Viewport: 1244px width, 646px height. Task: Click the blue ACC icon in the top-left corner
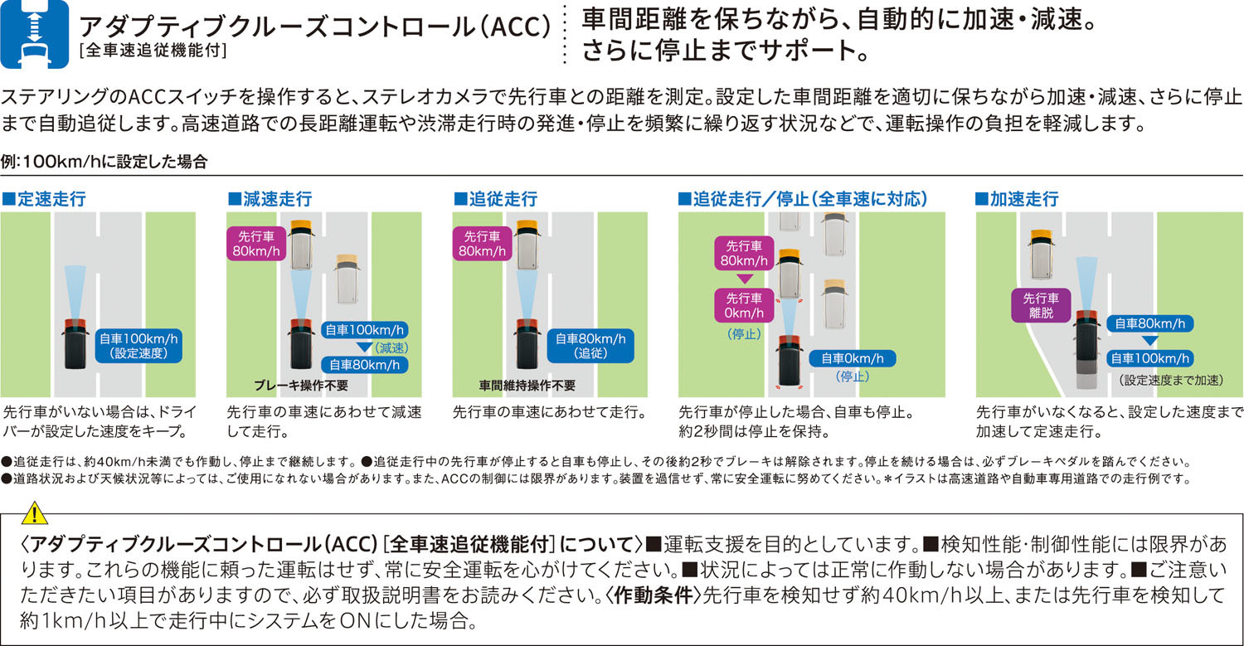pyautogui.click(x=35, y=34)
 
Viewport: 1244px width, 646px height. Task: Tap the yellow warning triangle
pyautogui.click(x=35, y=513)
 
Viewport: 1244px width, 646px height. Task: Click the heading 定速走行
pyautogui.click(x=45, y=199)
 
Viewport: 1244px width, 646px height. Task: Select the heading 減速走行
pyautogui.click(x=270, y=199)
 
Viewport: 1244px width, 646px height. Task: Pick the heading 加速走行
pyautogui.click(x=1018, y=199)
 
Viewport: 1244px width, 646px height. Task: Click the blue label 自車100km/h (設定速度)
pyautogui.click(x=138, y=346)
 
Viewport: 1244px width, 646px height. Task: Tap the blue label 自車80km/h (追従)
pyautogui.click(x=590, y=346)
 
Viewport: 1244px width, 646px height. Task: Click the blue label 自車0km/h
pyautogui.click(x=852, y=359)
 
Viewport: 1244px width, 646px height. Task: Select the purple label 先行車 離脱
pyautogui.click(x=1041, y=305)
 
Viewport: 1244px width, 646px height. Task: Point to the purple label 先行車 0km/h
pyautogui.click(x=744, y=305)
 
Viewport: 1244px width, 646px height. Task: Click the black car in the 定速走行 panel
pyautogui.click(x=75, y=344)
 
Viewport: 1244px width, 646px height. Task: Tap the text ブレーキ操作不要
pyautogui.click(x=301, y=386)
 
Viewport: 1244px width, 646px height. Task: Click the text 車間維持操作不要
pyautogui.click(x=527, y=386)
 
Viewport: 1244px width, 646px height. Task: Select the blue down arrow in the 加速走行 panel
pyautogui.click(x=1149, y=341)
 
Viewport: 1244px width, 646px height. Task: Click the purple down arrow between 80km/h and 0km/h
pyautogui.click(x=744, y=279)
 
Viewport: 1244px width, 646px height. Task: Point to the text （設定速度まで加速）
pyautogui.click(x=1171, y=381)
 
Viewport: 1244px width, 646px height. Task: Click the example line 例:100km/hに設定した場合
pyautogui.click(x=104, y=162)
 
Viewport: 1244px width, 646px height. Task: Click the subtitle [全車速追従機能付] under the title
pyautogui.click(x=153, y=51)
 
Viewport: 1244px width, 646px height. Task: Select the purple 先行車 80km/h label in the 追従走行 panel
pyautogui.click(x=482, y=244)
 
